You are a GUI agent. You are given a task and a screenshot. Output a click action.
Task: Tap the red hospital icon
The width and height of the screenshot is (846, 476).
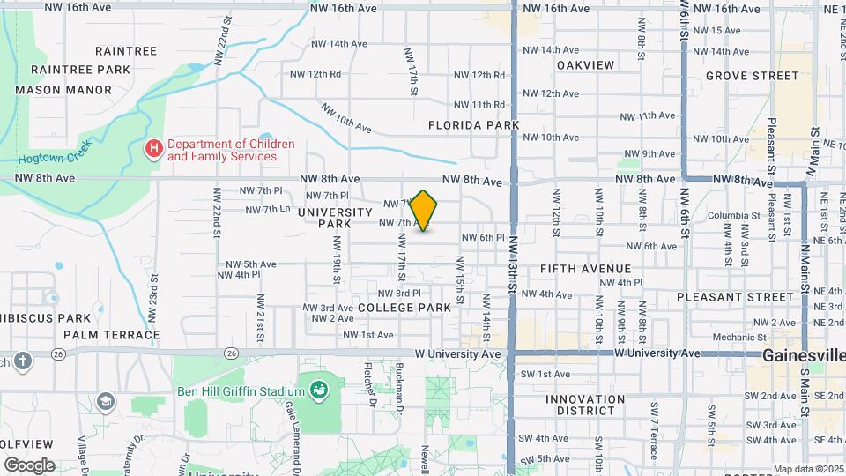[154, 149]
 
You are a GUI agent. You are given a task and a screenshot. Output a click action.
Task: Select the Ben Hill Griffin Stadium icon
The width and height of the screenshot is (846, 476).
[319, 388]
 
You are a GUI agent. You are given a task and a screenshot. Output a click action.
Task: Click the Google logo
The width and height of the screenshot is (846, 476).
[29, 465]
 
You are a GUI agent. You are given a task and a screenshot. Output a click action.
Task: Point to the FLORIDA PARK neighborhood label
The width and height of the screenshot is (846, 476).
[473, 125]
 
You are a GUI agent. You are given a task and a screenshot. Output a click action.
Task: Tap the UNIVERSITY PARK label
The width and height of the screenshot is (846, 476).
[335, 218]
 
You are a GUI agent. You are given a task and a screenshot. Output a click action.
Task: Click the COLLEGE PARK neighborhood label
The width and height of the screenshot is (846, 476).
[404, 308]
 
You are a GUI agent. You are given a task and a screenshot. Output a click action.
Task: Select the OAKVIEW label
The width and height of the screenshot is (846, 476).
[585, 65]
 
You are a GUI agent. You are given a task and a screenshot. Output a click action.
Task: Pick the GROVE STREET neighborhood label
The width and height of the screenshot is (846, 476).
[752, 76]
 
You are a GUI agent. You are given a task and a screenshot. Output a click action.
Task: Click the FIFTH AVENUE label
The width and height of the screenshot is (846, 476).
[586, 269]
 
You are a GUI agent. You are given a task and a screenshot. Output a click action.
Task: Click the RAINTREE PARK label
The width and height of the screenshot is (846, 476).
[80, 70]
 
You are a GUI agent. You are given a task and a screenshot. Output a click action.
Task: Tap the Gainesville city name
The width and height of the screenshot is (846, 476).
[803, 355]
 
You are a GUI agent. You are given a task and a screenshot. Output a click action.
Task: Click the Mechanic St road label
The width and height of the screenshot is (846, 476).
[734, 337]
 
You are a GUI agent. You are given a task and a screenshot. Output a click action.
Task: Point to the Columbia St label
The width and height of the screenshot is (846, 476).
[732, 215]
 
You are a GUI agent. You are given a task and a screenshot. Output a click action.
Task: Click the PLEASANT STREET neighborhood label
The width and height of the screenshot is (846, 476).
[737, 297]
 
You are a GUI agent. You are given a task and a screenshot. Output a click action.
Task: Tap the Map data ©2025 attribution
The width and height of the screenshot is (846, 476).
[807, 469]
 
